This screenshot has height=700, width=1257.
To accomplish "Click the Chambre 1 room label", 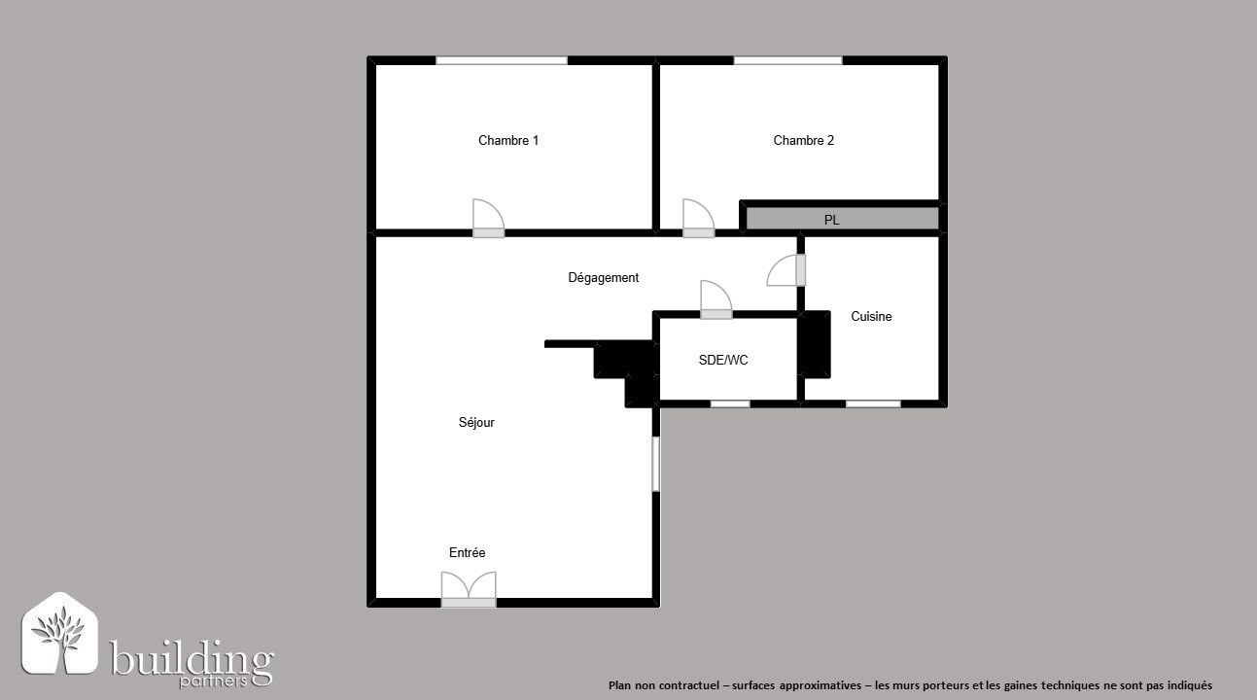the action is point(508,140).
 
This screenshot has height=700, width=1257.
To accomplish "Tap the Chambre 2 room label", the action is point(804,140).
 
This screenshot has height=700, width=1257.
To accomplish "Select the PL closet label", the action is point(831,220).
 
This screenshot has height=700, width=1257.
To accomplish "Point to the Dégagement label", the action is point(604,278).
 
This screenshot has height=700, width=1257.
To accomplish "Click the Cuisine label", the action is point(871,317).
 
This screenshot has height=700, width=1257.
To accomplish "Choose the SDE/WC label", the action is point(722,361).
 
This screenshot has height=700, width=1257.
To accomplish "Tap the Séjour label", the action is point(476,422).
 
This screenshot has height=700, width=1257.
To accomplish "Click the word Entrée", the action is point(467,552).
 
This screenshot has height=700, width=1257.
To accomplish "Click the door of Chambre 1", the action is point(488,219).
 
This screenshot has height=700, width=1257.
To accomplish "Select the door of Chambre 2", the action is point(698,219).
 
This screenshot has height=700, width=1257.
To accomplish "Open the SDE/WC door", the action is point(716,299).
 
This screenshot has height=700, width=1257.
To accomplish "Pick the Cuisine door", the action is point(786,270).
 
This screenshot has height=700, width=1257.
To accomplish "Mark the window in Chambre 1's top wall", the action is point(502,60).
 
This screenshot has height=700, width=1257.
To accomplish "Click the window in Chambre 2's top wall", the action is point(787,60).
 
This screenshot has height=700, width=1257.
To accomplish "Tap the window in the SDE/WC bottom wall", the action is point(730,404).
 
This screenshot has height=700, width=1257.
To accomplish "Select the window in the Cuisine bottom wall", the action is point(873,404).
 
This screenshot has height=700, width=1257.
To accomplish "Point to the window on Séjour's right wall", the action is point(655,464).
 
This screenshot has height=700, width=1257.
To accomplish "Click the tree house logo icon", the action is point(60,633).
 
